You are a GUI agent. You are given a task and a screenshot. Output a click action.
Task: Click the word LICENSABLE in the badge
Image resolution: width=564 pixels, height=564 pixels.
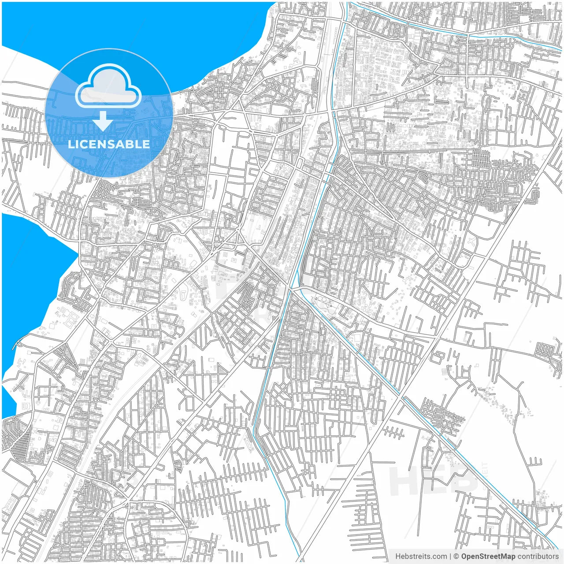click(108, 144)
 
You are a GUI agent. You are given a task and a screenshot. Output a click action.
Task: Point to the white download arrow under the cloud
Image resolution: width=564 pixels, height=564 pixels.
click(103, 121)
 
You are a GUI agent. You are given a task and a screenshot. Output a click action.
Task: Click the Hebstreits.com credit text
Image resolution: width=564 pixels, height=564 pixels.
click(421, 557)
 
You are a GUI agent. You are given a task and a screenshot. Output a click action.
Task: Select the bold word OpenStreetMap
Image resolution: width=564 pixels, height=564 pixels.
click(488, 557)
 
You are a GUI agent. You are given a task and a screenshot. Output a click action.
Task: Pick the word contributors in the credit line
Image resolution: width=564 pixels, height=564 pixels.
click(538, 557)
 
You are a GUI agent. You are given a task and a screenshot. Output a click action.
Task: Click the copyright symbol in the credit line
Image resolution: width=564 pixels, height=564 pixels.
click(456, 557)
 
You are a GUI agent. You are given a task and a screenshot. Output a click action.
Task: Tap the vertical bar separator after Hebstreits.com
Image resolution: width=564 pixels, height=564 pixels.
click(450, 557)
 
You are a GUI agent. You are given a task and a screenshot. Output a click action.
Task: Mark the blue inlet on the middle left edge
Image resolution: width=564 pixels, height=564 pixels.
click(31, 273)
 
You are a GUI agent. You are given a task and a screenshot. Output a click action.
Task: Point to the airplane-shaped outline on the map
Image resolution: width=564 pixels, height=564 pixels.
click(471, 241)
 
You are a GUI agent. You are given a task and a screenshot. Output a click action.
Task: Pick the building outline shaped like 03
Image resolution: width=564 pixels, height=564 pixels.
click(27, 405)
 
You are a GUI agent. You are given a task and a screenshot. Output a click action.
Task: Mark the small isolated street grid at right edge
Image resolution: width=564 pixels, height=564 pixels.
click(546, 351)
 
